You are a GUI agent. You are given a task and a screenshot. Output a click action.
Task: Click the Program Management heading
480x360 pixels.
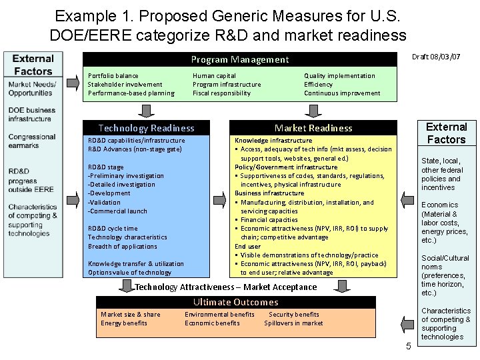point(240,60)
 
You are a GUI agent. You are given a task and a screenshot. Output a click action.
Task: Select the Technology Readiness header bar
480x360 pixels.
point(146,128)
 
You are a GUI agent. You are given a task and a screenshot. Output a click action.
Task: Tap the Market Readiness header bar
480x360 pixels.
point(313,128)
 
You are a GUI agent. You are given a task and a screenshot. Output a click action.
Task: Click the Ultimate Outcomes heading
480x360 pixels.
point(227,302)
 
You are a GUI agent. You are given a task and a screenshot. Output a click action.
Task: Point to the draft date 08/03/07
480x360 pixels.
point(437,57)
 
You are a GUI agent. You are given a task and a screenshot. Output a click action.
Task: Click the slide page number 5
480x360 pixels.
point(408,346)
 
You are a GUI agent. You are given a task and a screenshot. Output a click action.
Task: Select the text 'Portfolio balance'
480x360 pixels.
point(113,76)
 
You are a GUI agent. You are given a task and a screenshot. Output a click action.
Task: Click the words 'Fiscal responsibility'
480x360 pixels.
point(221,93)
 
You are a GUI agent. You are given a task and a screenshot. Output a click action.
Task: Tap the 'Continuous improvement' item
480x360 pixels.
point(342,93)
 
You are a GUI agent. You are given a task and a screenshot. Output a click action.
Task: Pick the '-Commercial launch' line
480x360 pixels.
point(117,211)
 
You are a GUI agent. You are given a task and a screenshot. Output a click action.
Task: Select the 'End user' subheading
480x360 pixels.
point(247,247)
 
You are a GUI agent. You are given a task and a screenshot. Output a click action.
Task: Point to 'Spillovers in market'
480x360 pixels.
point(293,323)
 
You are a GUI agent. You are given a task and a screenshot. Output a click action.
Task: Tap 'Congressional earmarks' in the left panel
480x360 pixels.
point(32,141)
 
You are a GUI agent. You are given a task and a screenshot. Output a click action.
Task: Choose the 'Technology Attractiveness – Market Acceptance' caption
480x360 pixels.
point(226,287)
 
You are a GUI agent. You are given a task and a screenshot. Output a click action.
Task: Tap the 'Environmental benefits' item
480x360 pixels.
point(219,315)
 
